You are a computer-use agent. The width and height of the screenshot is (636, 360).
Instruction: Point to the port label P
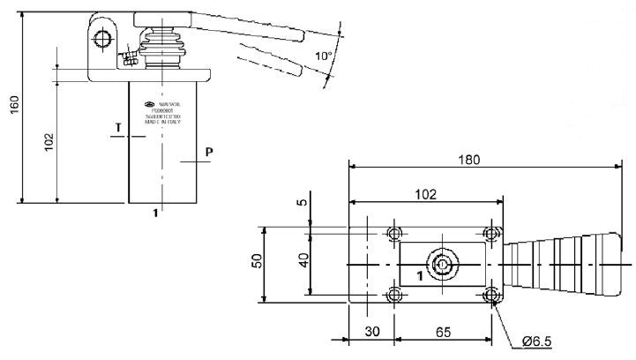(x=208, y=152)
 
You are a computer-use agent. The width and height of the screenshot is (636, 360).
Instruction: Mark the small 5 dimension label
(x=303, y=202)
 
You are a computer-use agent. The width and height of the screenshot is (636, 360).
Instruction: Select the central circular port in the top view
(x=442, y=265)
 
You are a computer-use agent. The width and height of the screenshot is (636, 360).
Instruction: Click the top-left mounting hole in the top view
(x=394, y=234)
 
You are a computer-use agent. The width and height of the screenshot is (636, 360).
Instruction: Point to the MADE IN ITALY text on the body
(x=162, y=121)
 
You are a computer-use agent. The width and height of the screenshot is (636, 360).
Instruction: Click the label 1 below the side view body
(x=157, y=212)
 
